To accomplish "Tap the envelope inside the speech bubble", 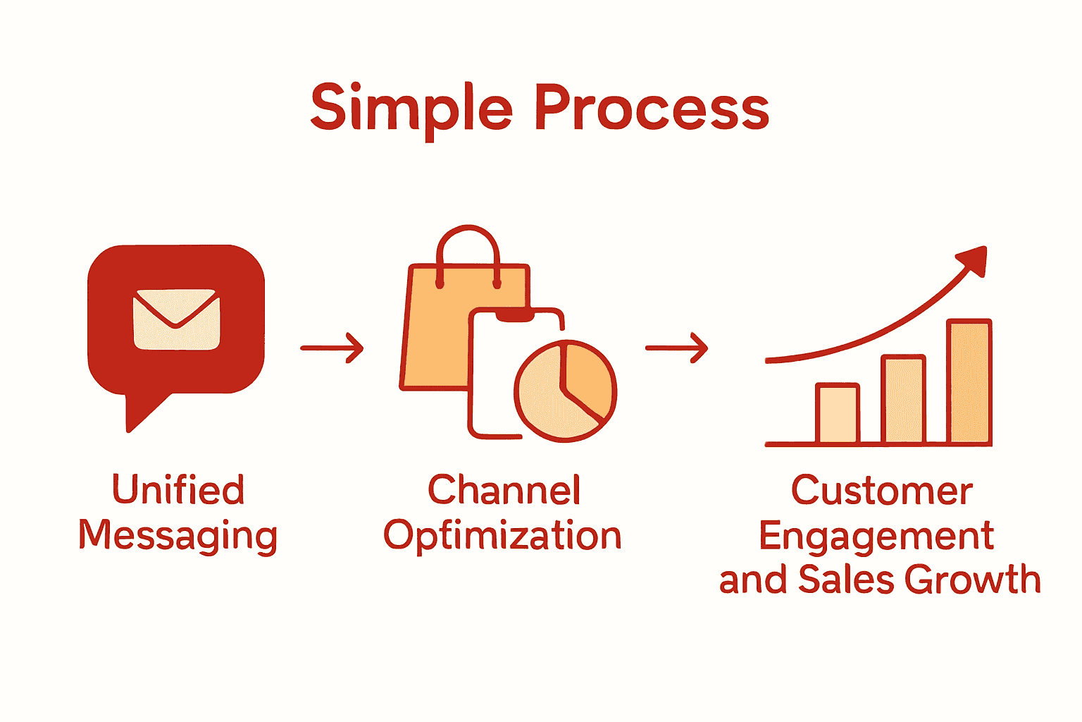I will (176, 319).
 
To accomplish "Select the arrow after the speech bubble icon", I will (332, 348).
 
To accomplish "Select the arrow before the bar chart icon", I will (676, 348).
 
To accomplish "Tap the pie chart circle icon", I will (565, 391).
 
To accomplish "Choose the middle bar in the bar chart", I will (903, 400).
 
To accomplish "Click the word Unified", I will (178, 490).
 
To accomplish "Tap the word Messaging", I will (178, 536).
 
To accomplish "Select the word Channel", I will (504, 490).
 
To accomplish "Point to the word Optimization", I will (502, 536).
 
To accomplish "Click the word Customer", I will (881, 491).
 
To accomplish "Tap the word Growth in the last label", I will (972, 580).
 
